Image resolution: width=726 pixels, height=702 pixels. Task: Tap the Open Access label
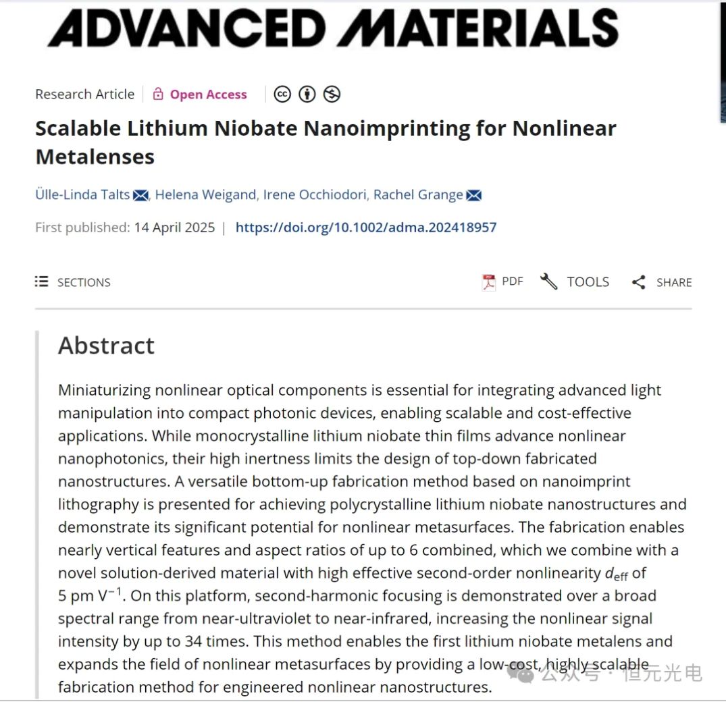208,94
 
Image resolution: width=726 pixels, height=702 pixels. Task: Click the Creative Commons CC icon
282,94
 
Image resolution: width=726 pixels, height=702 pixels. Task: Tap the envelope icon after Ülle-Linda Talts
140,196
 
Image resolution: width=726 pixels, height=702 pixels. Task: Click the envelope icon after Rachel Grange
474,196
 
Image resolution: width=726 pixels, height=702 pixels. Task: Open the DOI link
365,227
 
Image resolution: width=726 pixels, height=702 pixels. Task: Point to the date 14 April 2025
174,227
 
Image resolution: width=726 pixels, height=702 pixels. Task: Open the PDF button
503,281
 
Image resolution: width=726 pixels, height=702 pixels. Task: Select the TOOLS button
575,281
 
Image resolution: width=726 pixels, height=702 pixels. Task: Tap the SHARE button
662,282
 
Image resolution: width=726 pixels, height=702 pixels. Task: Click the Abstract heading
106,346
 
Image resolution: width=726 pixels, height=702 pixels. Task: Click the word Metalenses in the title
95,157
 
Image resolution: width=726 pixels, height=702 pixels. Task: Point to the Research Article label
85,94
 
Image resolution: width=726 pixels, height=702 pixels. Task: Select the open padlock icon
158,94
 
